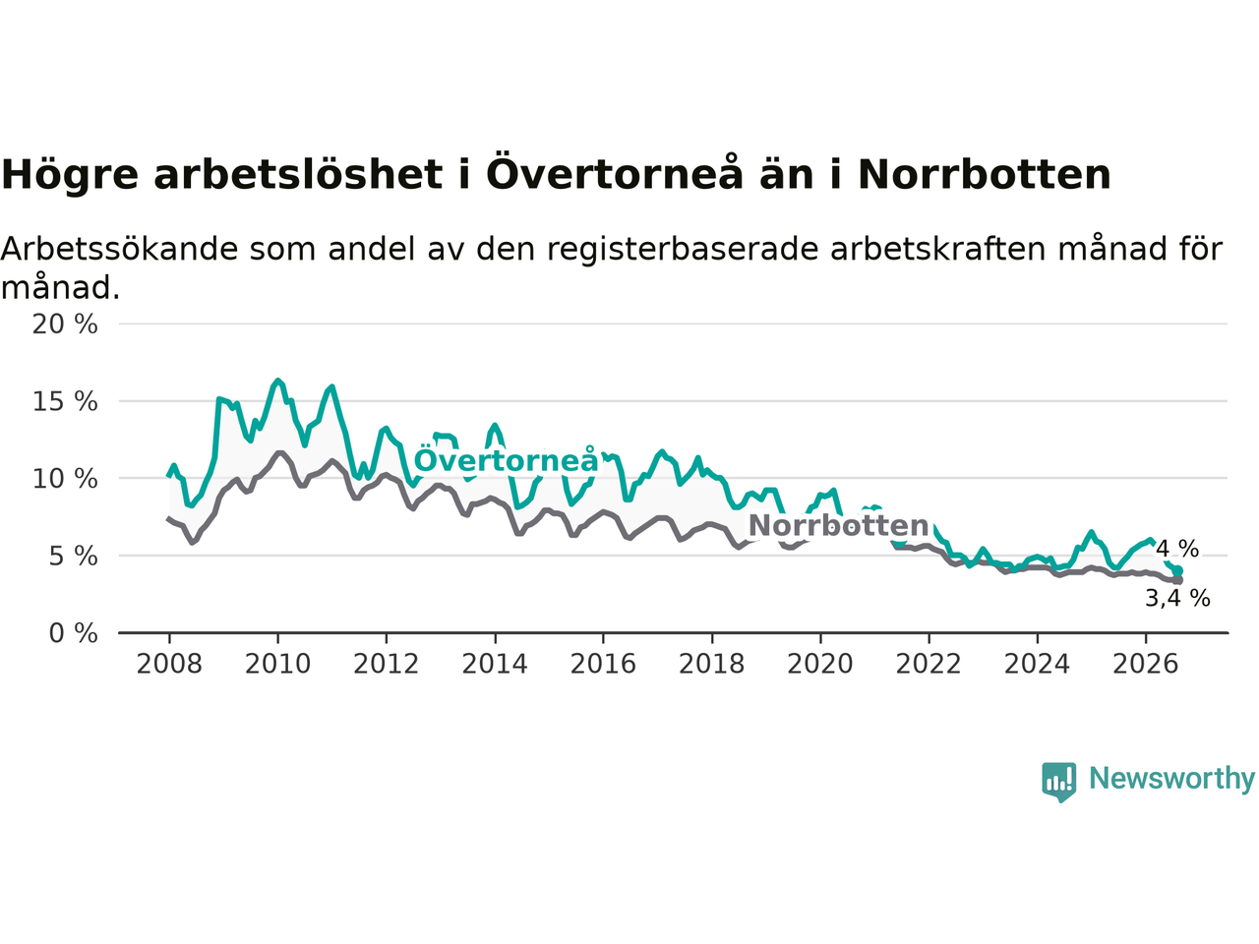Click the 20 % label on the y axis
[x=65, y=324]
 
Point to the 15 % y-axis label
[x=65, y=401]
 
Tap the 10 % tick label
[x=65, y=479]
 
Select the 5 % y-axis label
[x=73, y=556]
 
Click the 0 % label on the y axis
[x=73, y=633]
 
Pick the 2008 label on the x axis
[x=169, y=665]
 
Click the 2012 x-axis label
[x=386, y=665]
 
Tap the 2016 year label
[x=603, y=665]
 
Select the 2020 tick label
[x=820, y=665]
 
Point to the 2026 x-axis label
[x=1146, y=665]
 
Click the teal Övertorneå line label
[x=506, y=459]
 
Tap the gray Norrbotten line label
[x=838, y=525]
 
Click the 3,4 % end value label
[x=1177, y=599]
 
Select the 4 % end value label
[x=1177, y=549]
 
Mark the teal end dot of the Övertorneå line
[x=1177, y=571]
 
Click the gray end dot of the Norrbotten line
[x=1178, y=580]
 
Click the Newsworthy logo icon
[x=1058, y=782]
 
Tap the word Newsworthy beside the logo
[x=1171, y=779]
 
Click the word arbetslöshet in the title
[x=298, y=174]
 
